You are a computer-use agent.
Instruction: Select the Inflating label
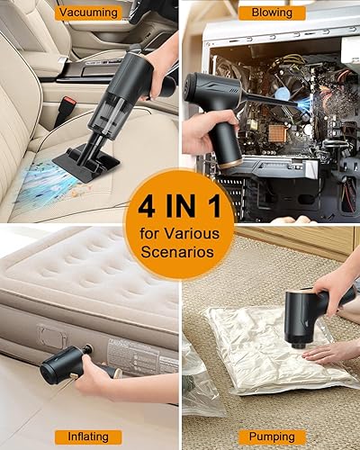click(88, 436)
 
